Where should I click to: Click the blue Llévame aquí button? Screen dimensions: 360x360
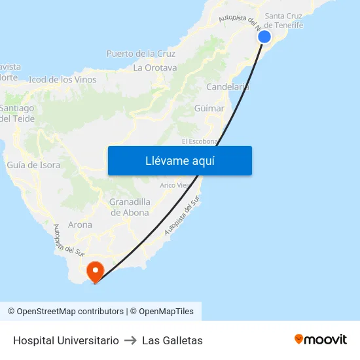(x=179, y=161)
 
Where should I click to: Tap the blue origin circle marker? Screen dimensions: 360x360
(x=264, y=37)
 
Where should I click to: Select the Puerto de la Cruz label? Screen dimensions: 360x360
(x=141, y=54)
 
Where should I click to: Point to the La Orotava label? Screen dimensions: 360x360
(x=155, y=67)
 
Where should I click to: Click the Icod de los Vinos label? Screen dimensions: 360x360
(x=63, y=80)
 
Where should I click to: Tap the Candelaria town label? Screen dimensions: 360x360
(x=227, y=86)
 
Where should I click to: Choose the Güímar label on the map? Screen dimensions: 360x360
(x=209, y=109)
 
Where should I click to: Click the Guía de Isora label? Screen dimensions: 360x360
(x=33, y=165)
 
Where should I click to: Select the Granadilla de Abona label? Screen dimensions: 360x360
(x=130, y=207)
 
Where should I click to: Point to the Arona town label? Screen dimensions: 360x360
(x=80, y=225)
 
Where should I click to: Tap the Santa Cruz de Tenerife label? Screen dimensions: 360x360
(x=283, y=20)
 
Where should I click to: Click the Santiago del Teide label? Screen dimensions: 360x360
(x=17, y=113)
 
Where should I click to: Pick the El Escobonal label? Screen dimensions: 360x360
(x=198, y=141)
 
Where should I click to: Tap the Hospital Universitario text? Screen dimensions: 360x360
(x=66, y=340)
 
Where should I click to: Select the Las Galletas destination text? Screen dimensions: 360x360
(x=172, y=340)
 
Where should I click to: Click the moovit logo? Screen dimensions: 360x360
(x=320, y=340)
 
